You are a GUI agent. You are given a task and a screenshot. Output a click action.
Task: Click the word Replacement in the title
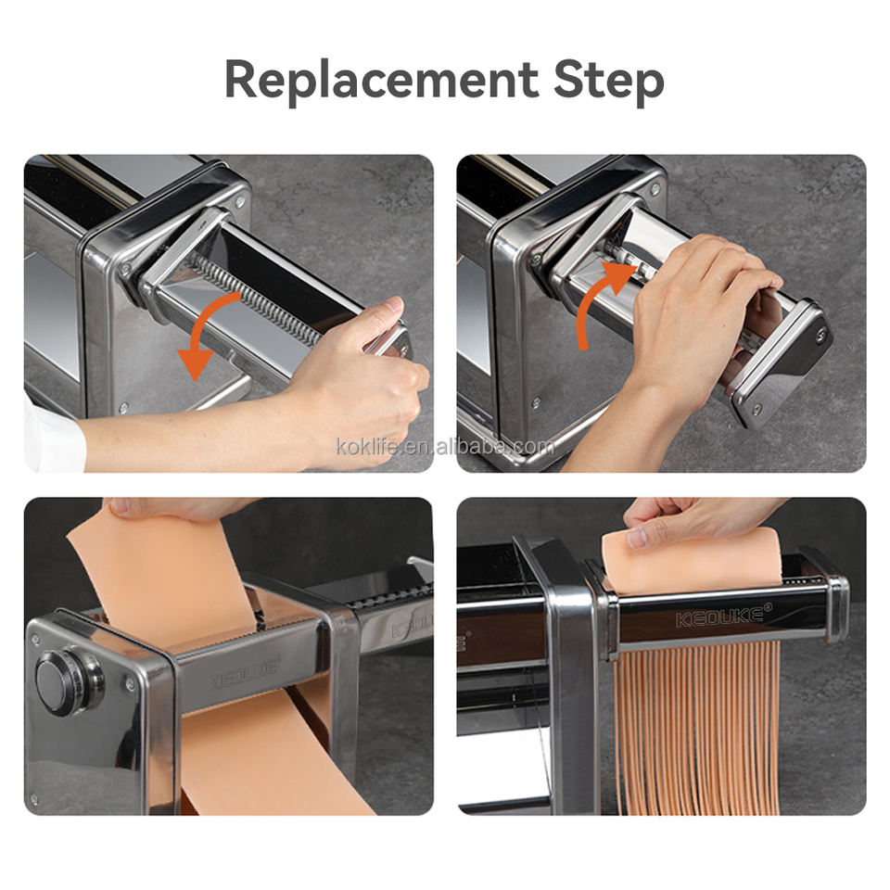point(381,80)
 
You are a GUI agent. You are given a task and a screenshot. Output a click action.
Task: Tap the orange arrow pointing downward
point(211,335)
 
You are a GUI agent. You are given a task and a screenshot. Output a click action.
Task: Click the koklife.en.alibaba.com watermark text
point(445,447)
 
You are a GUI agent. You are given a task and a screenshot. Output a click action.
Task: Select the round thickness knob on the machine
point(68,679)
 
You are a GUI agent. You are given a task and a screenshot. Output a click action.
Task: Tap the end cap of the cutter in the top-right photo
point(781,363)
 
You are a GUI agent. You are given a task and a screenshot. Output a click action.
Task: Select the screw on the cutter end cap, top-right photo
point(820,335)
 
